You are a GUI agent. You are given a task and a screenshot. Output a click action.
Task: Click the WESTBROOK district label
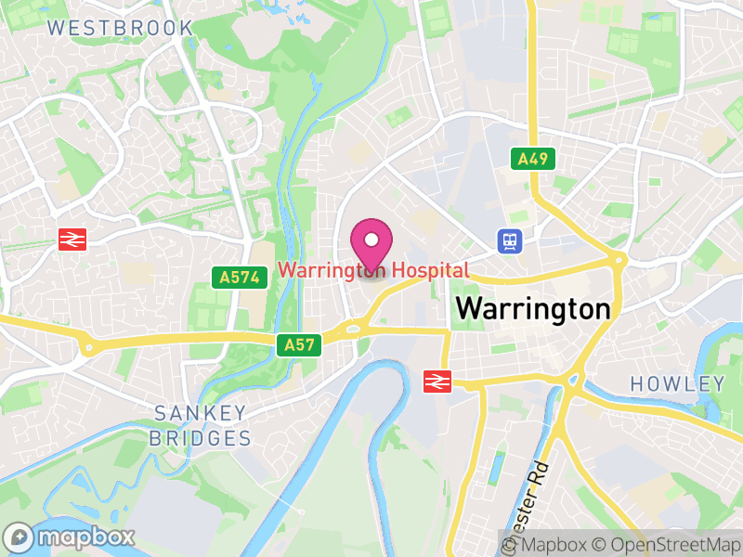tap(121, 28)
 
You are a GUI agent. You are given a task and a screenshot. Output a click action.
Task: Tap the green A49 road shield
tap(532, 159)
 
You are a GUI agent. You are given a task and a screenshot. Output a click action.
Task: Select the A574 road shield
tap(238, 277)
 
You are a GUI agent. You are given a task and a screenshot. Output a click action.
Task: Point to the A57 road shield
tap(299, 345)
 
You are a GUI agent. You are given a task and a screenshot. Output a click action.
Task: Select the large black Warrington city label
tap(533, 308)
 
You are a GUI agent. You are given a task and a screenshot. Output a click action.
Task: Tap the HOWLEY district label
tap(677, 383)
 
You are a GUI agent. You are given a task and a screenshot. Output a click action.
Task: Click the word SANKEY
tap(201, 412)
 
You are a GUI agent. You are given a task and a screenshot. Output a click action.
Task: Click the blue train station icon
tap(510, 241)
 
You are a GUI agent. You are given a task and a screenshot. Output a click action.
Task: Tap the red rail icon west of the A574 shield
tap(72, 240)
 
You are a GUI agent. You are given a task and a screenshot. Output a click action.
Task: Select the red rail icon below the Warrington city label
tap(436, 381)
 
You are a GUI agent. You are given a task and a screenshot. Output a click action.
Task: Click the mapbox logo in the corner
tap(71, 537)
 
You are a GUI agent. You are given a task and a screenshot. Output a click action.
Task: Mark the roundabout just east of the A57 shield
tap(353, 328)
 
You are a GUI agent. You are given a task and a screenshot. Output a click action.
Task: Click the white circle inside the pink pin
tap(371, 240)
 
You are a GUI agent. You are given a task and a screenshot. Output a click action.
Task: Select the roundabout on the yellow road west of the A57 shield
tap(89, 347)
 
